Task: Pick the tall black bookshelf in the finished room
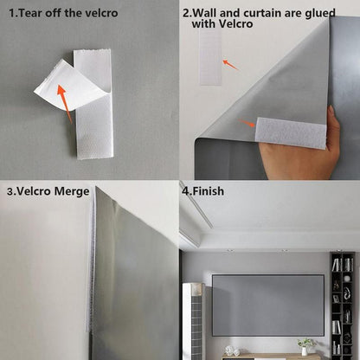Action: click(343, 299)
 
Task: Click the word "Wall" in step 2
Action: click(208, 14)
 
